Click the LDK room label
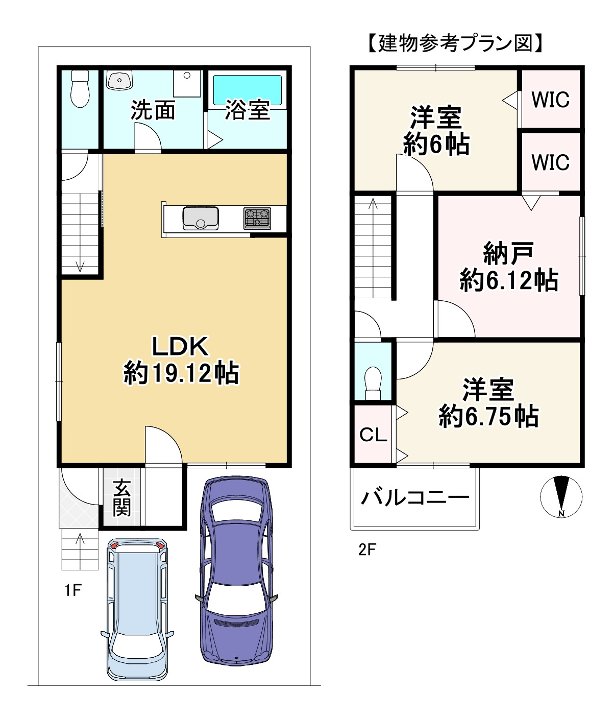pyautogui.click(x=181, y=347)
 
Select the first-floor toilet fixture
pyautogui.click(x=80, y=89)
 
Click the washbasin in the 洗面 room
pyautogui.click(x=119, y=81)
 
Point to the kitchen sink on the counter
pyautogui.click(x=200, y=218)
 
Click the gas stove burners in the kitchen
pyautogui.click(x=257, y=218)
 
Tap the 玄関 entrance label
pyautogui.click(x=121, y=497)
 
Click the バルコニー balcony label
pyautogui.click(x=414, y=497)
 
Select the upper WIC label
pyautogui.click(x=550, y=100)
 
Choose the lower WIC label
pyautogui.click(x=550, y=162)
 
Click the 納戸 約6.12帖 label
pyautogui.click(x=508, y=267)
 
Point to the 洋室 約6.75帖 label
pyautogui.click(x=488, y=403)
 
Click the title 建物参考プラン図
pyautogui.click(x=454, y=43)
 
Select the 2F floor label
pyautogui.click(x=367, y=549)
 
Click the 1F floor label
pyautogui.click(x=73, y=590)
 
